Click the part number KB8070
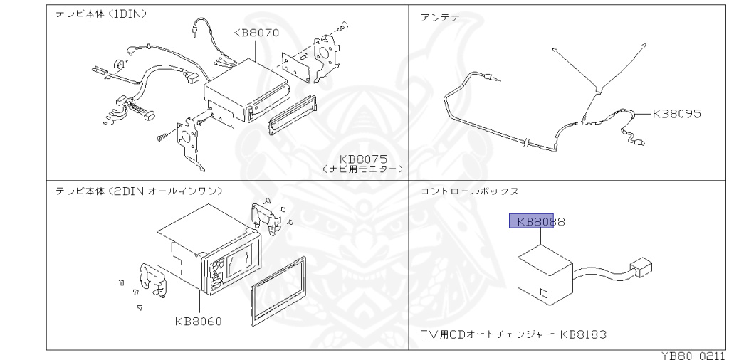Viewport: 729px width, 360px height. [x=255, y=33]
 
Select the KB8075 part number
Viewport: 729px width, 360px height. [x=362, y=159]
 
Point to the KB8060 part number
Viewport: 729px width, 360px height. [x=198, y=321]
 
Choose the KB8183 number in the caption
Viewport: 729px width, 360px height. [x=582, y=333]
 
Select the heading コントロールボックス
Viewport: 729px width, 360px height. [x=469, y=191]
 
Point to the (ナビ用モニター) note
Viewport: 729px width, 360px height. [x=362, y=170]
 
